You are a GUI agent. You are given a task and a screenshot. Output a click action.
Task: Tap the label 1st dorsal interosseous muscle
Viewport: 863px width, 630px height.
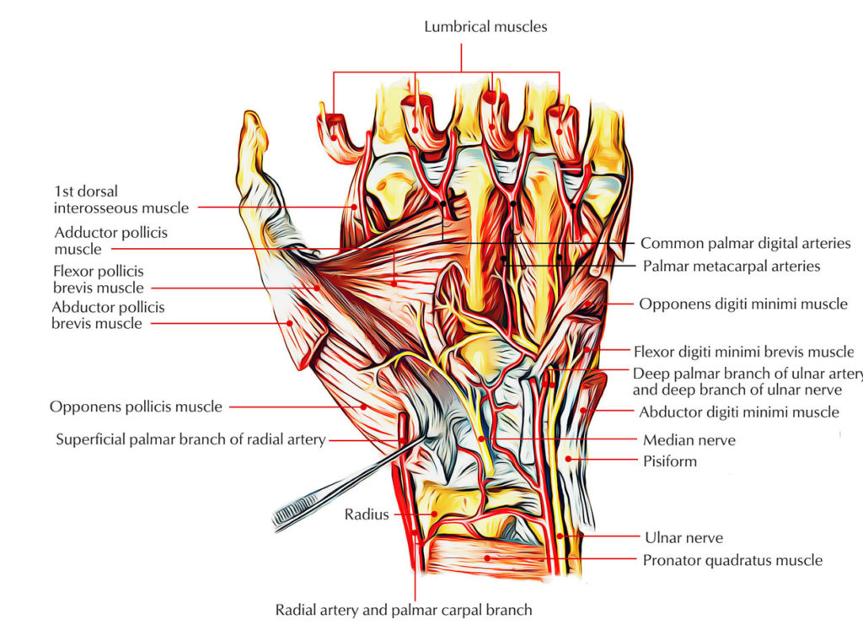[x=121, y=200]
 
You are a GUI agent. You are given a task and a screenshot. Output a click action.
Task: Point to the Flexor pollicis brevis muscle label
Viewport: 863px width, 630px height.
[x=99, y=279]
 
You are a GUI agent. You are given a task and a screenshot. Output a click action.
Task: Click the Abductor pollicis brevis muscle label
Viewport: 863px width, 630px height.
[x=108, y=315]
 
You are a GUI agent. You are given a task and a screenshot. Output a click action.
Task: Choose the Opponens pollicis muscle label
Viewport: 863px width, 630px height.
[x=136, y=407]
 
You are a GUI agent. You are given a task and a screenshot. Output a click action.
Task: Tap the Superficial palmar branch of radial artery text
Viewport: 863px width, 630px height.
[x=190, y=439]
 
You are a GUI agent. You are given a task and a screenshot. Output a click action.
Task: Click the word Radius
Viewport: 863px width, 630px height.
[x=366, y=514]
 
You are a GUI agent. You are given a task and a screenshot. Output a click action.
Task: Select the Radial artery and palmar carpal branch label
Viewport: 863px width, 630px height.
[x=404, y=609]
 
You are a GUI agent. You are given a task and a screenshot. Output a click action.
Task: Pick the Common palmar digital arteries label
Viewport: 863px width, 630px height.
[x=745, y=243]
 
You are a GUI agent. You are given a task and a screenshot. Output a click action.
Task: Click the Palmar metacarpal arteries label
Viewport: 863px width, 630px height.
[x=731, y=267]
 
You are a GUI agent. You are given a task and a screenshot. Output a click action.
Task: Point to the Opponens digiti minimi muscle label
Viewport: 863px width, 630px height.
[x=742, y=304]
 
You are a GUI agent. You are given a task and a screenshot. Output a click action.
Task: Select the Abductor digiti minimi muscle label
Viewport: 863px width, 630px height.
[x=738, y=412]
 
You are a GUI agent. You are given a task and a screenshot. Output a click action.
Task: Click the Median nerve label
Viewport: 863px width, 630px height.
[x=689, y=439]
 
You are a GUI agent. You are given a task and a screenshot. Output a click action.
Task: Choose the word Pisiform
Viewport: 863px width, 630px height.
[x=669, y=462]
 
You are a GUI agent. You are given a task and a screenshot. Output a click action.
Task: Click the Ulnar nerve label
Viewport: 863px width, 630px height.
[x=683, y=537]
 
